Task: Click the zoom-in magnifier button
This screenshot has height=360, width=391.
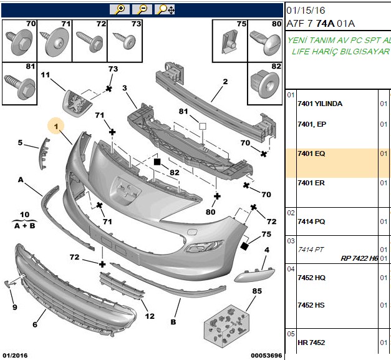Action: (120, 9)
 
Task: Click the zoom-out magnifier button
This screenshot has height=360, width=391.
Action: (142, 9)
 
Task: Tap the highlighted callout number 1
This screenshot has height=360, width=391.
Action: (56, 126)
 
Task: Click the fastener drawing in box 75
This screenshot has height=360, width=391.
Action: (229, 41)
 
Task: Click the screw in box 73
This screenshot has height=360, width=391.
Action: (125, 41)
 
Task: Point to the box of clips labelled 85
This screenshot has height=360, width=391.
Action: (226, 326)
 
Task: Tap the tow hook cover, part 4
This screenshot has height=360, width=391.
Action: (254, 275)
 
